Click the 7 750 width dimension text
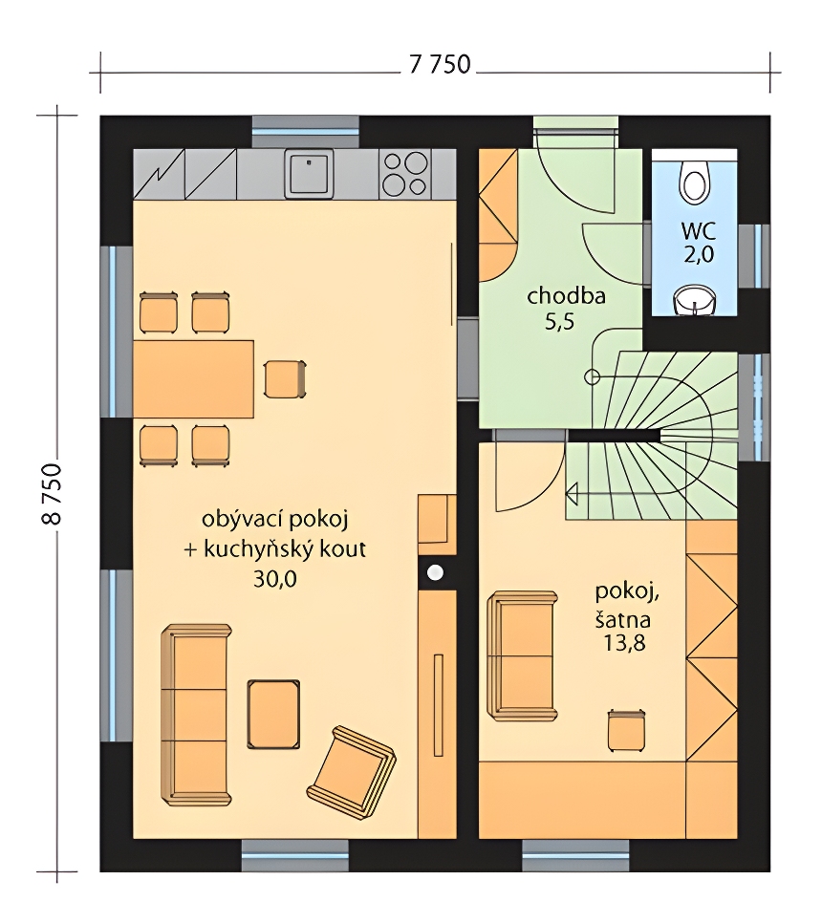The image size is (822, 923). tap(440, 64)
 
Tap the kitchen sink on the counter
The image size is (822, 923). tap(309, 173)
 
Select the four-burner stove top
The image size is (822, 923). tap(404, 173)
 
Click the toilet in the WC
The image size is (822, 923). tap(695, 179)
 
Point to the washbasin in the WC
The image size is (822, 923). tap(695, 300)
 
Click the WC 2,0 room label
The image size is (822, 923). tap(699, 242)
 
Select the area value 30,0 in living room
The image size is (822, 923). tap(275, 579)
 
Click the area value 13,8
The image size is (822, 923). tap(623, 643)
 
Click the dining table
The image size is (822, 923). tap(194, 378)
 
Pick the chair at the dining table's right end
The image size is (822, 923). tap(285, 379)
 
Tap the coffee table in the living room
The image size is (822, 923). tap(273, 714)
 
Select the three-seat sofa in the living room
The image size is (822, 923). tap(196, 715)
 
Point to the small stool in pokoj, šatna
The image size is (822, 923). tap(626, 730)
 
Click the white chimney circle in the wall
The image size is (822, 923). tap(435, 571)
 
